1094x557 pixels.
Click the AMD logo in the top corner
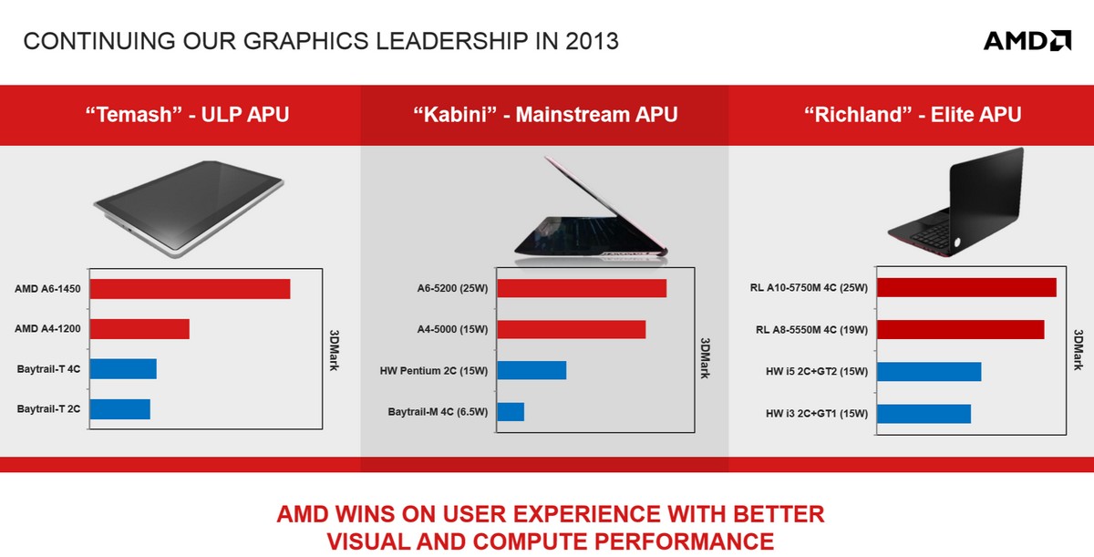click(x=1027, y=40)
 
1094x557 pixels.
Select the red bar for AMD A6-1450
click(x=190, y=289)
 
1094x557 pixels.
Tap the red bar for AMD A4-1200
click(x=139, y=329)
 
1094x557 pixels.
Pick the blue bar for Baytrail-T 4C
click(x=123, y=369)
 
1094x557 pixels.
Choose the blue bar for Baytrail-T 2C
click(x=120, y=409)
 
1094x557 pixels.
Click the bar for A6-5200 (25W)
click(x=583, y=288)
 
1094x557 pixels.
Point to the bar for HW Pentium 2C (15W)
click(x=532, y=370)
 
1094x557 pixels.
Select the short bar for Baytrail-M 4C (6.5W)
click(x=511, y=411)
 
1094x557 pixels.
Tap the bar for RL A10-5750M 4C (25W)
click(x=966, y=287)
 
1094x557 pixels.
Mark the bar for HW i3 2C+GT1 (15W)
click(x=924, y=414)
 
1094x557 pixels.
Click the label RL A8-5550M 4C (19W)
click(x=811, y=330)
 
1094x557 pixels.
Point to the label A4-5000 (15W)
click(x=452, y=329)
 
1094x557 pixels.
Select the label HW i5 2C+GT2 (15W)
click(x=817, y=372)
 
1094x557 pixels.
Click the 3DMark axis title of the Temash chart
click(x=334, y=350)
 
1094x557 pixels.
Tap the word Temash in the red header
click(x=133, y=115)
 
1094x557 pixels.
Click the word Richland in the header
click(x=862, y=115)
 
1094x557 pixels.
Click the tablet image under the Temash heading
click(x=189, y=209)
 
